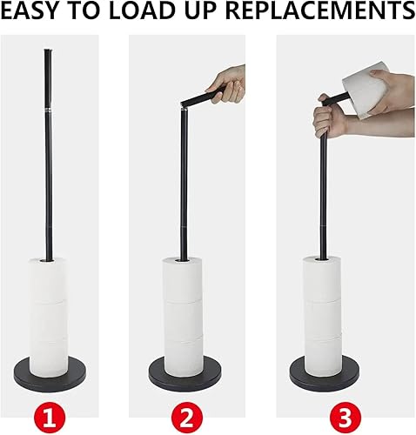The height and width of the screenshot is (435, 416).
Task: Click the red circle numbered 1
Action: point(50,418)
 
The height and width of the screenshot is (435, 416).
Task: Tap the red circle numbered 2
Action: point(185,418)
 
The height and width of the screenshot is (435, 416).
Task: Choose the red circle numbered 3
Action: point(346,418)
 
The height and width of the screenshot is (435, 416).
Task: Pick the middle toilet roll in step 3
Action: point(323,318)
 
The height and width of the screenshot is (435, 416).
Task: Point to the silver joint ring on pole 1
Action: point(48,110)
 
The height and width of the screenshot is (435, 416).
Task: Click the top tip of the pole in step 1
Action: point(48,50)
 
